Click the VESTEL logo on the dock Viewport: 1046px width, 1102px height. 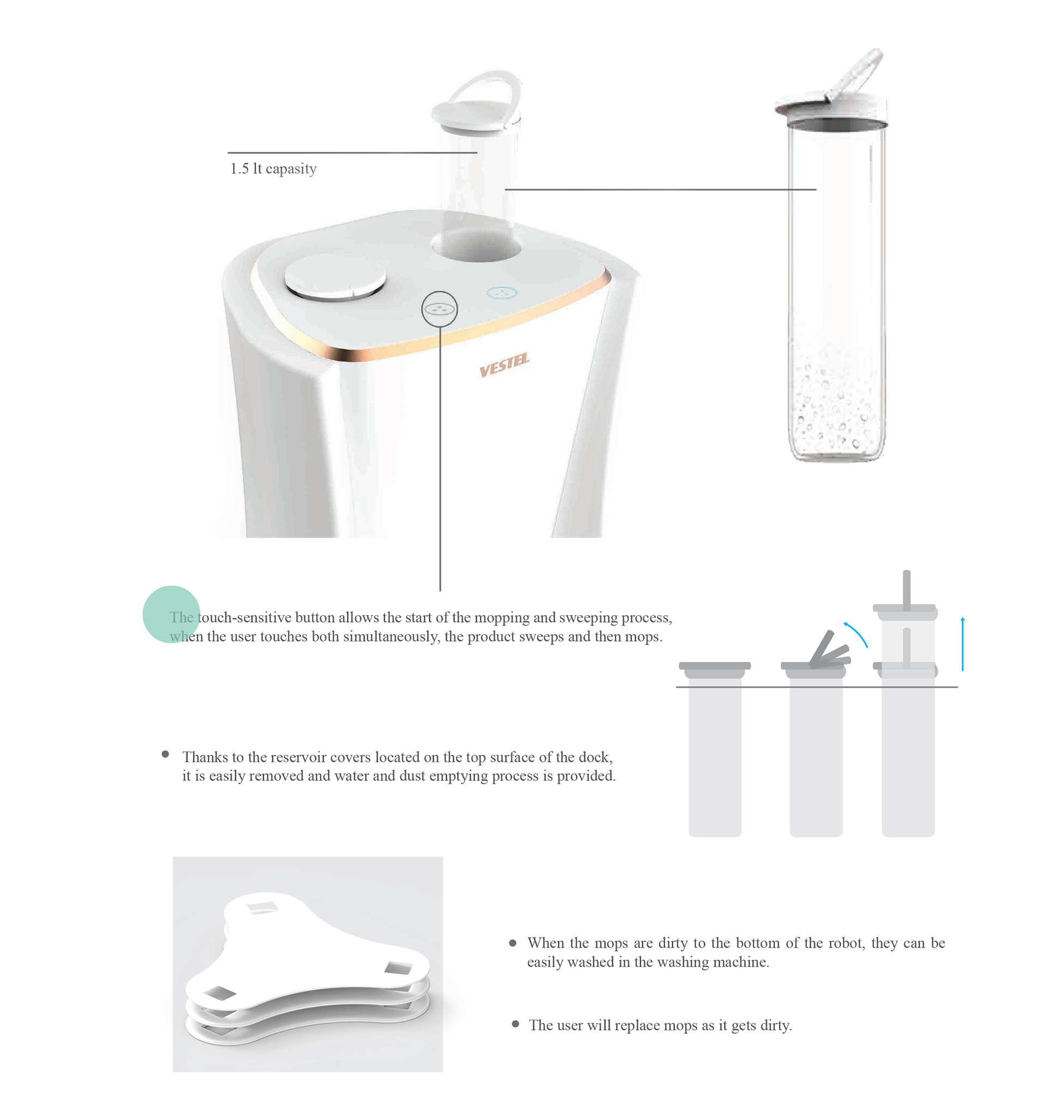(504, 365)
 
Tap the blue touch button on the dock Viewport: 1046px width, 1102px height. (502, 292)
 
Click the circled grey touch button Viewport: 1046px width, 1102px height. (439, 309)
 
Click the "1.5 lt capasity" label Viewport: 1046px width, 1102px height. (273, 168)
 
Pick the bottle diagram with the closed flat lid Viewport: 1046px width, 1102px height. (715, 748)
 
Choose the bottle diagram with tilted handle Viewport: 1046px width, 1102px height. (816, 748)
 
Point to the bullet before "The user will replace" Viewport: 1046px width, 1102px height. (515, 1024)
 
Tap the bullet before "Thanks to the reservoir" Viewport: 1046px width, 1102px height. (165, 754)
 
